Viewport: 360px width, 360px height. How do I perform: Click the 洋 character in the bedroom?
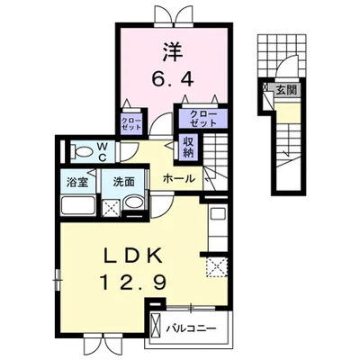tap(173, 52)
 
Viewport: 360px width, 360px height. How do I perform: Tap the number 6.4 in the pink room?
tap(172, 79)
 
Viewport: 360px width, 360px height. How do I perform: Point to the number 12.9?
tap(133, 282)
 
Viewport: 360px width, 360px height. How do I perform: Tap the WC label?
tap(103, 152)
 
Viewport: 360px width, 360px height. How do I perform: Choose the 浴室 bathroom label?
tap(77, 182)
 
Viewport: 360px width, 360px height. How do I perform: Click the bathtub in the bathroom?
tap(78, 205)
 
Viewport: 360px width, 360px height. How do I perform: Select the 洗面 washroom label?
tap(124, 182)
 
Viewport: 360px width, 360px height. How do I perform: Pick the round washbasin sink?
tap(134, 202)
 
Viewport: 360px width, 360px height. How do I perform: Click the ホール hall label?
tap(179, 179)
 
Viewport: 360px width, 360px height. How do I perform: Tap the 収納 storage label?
tap(188, 148)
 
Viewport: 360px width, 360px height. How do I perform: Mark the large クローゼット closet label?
tap(203, 118)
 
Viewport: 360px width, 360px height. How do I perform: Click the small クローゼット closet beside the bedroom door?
tap(131, 123)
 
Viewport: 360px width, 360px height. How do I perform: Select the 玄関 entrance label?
tap(286, 89)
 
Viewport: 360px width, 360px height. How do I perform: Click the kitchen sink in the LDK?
tap(216, 214)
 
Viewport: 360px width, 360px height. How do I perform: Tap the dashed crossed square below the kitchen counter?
tap(216, 265)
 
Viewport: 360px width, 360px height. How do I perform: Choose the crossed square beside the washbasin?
tap(112, 208)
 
